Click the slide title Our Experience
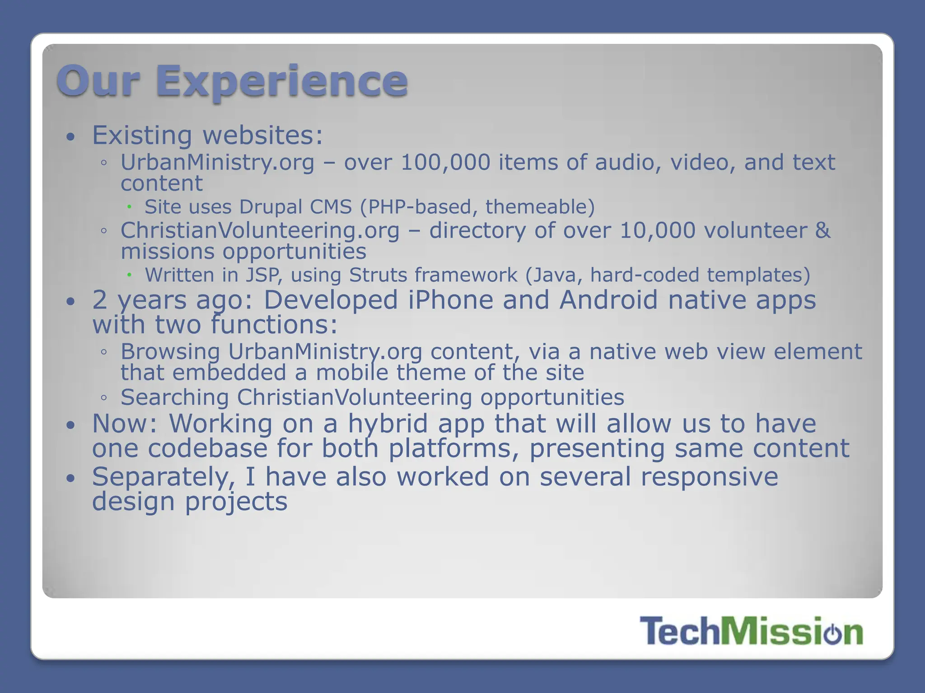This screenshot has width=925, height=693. click(232, 81)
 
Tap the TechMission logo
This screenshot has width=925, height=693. click(751, 631)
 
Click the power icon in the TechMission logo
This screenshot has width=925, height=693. click(832, 633)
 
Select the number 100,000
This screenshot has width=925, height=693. click(445, 162)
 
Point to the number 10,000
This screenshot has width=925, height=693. click(657, 231)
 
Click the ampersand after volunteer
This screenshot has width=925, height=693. click(822, 231)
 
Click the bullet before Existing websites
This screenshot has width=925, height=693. click(70, 137)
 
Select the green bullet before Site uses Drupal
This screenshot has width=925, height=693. click(129, 207)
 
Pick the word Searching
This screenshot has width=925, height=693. click(175, 397)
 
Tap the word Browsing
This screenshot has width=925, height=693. click(170, 352)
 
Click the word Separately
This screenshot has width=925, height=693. click(164, 477)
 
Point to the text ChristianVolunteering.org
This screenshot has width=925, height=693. click(260, 231)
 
